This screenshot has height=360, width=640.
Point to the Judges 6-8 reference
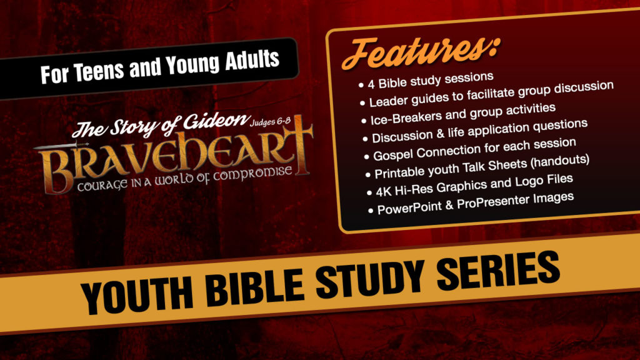(x=270, y=122)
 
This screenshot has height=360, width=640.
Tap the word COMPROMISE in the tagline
(x=252, y=174)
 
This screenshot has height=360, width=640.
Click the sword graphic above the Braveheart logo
(x=61, y=146)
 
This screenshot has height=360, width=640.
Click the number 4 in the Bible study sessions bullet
(x=371, y=84)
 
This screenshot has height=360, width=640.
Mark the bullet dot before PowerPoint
(x=371, y=211)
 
